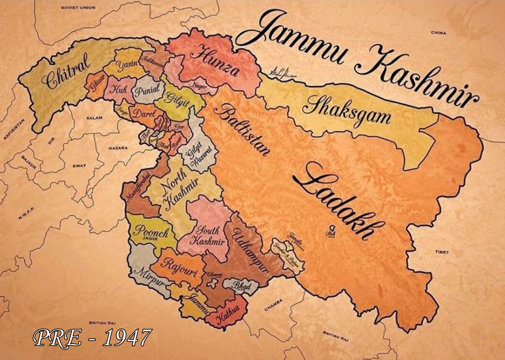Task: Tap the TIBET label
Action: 442,252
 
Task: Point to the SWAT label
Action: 79,166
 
